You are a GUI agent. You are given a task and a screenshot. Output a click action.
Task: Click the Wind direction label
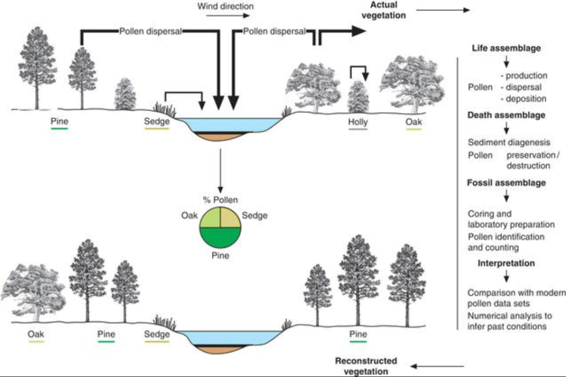pyautogui.click(x=225, y=6)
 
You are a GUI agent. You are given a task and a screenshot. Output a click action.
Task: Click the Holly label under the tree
pyautogui.click(x=357, y=121)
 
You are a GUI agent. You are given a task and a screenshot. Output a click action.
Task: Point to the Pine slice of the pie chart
pyautogui.click(x=220, y=238)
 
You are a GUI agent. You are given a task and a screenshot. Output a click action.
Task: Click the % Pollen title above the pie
pyautogui.click(x=220, y=200)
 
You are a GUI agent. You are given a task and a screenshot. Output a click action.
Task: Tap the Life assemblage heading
pyautogui.click(x=505, y=49)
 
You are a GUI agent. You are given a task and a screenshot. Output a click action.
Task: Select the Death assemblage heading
pyautogui.click(x=506, y=115)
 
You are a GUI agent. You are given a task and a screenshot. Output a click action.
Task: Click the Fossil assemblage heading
pyautogui.click(x=506, y=183)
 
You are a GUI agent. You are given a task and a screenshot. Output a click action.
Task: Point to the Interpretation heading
pyautogui.click(x=506, y=263)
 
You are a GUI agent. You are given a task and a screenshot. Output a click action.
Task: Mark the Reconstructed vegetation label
pyautogui.click(x=366, y=366)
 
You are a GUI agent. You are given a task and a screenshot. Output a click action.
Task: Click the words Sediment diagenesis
pyautogui.click(x=509, y=143)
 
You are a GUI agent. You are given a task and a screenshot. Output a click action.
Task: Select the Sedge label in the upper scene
pyautogui.click(x=157, y=121)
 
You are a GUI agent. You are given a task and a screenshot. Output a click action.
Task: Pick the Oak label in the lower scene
pyautogui.click(x=35, y=334)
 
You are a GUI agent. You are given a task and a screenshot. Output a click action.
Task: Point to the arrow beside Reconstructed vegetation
pyautogui.click(x=437, y=367)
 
